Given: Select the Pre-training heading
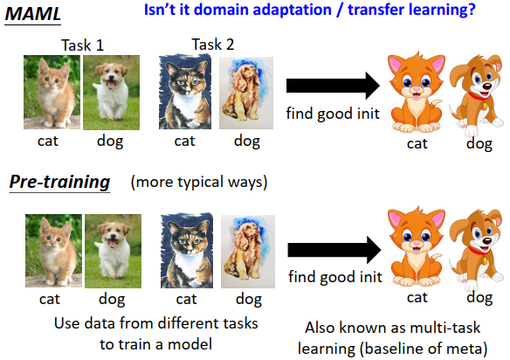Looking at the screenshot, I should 59,182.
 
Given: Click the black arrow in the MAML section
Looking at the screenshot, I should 332,86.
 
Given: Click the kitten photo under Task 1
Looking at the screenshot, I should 52,89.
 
